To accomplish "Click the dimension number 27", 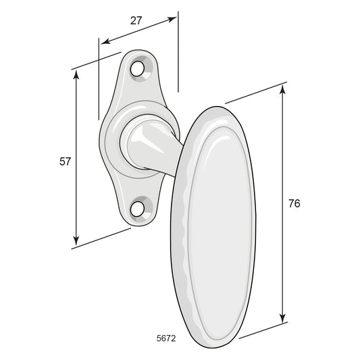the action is tap(136, 21).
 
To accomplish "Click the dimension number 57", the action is tap(65, 161).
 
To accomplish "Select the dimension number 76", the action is tap(294, 203).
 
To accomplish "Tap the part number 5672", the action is tap(166, 338).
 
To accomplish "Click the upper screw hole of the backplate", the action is tap(137, 69).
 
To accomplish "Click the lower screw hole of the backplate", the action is tap(137, 209).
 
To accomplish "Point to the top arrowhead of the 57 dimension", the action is tap(76, 74).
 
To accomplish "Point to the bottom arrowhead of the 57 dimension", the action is tap(76, 240).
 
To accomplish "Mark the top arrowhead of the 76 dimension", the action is tap(283, 89).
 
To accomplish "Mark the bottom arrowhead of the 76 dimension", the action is tap(283, 317).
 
